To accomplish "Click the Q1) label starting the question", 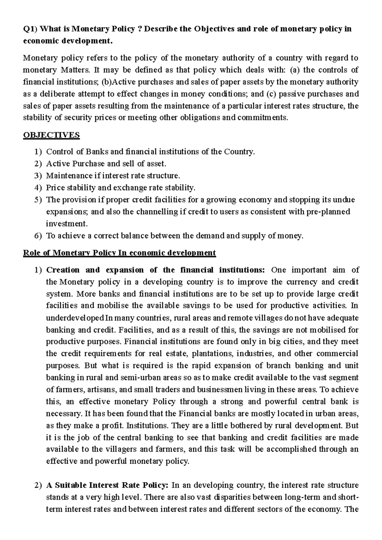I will (30, 29).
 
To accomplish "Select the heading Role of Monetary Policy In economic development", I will (119, 253).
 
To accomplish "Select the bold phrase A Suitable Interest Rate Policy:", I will (107, 485).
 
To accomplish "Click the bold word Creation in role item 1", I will (63, 270).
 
